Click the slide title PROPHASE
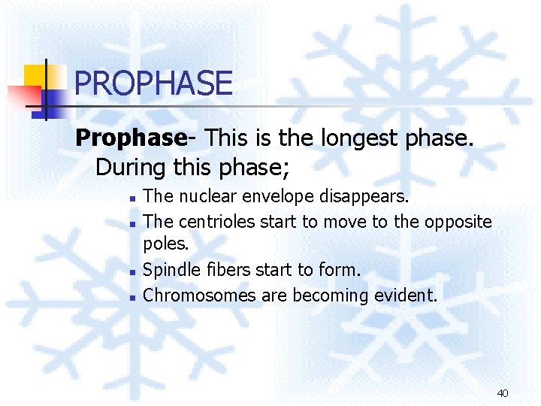pyautogui.click(x=153, y=83)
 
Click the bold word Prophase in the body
pyautogui.click(x=130, y=138)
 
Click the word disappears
pyautogui.click(x=366, y=197)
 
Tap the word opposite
pyautogui.click(x=458, y=222)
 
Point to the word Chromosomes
pyautogui.click(x=199, y=295)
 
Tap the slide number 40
pyautogui.click(x=503, y=392)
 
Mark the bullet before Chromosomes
pyautogui.click(x=131, y=297)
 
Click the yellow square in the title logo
pyautogui.click(x=35, y=76)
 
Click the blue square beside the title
pyautogui.click(x=53, y=99)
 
